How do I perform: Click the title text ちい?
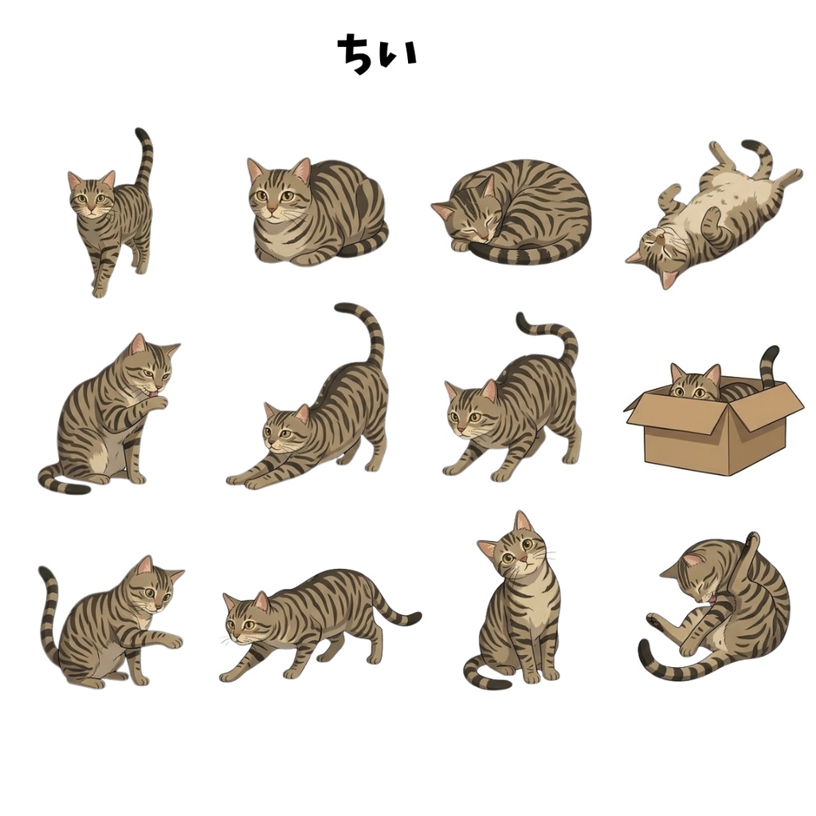(x=377, y=54)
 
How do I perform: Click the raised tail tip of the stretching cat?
(x=342, y=308)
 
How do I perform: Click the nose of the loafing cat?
(x=271, y=210)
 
